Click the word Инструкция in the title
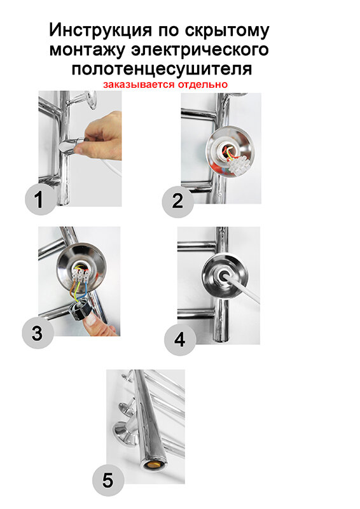pyautogui.click(x=100, y=31)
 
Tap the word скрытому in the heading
pyautogui.click(x=227, y=31)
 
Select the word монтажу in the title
pyautogui.click(x=87, y=50)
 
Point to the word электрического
pyautogui.click(x=200, y=50)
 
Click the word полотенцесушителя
pyautogui.click(x=162, y=69)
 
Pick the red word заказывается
pyautogui.click(x=139, y=85)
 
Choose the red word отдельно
pyautogui.click(x=202, y=85)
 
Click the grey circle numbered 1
pyautogui.click(x=41, y=199)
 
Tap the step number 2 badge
pyautogui.click(x=177, y=201)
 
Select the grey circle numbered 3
pyautogui.click(x=38, y=333)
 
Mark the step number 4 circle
pyautogui.click(x=180, y=340)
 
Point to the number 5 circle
pyautogui.click(x=108, y=480)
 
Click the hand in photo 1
pyautogui.click(x=101, y=136)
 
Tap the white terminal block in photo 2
pyautogui.click(x=239, y=164)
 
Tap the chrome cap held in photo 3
pyautogui.click(x=82, y=310)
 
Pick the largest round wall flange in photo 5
pyautogui.click(x=124, y=433)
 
